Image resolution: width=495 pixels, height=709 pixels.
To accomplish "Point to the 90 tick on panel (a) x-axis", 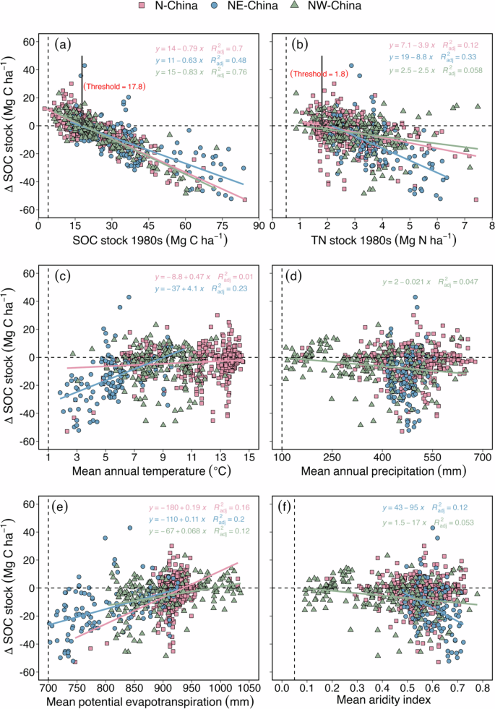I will (257, 225).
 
